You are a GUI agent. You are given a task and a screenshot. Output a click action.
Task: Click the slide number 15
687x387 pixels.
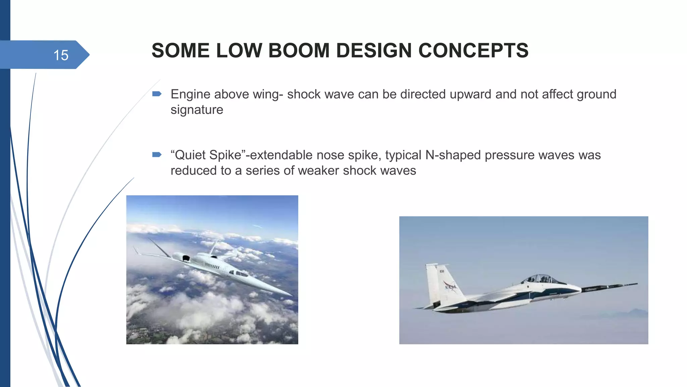coord(61,55)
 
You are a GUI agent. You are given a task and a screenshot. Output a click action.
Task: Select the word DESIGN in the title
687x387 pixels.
coord(374,51)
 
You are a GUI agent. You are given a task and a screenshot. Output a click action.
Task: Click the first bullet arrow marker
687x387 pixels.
coord(157,94)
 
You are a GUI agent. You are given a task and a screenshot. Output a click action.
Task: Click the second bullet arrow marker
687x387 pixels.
coord(157,155)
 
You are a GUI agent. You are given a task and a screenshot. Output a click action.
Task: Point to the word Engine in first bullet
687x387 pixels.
coord(190,94)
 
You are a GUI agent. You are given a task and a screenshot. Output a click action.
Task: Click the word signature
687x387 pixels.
coord(197,110)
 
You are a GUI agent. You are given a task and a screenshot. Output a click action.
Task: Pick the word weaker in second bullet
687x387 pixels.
coord(318,171)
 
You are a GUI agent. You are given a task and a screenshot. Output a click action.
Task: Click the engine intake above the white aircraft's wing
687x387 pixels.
coord(185,258)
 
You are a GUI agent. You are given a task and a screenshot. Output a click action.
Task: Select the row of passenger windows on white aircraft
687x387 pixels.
coord(212,266)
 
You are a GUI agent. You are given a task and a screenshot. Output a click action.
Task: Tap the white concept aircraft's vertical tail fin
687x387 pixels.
coord(213,248)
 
